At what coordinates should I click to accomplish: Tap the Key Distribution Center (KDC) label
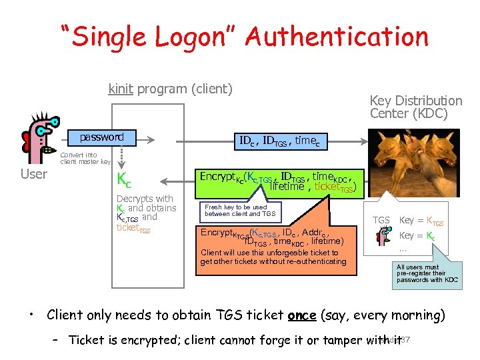pos(415,107)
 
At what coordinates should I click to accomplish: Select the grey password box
pos(102,137)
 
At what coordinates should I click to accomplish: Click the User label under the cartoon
pos(34,175)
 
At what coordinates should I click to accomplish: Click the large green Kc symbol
pos(124,179)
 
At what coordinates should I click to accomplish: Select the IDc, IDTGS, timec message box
pos(280,141)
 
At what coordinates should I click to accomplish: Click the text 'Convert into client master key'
pos(85,158)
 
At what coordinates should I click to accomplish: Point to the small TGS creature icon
pos(383,235)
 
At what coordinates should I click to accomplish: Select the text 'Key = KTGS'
pos(421,221)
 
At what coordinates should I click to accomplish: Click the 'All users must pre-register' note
pos(427,273)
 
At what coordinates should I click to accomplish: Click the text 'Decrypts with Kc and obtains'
pos(146,203)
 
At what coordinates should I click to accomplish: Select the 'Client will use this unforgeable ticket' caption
pos(273,257)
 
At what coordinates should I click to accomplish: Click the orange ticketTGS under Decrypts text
pos(133,228)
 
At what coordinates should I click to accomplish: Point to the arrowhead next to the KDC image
pos(366,141)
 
